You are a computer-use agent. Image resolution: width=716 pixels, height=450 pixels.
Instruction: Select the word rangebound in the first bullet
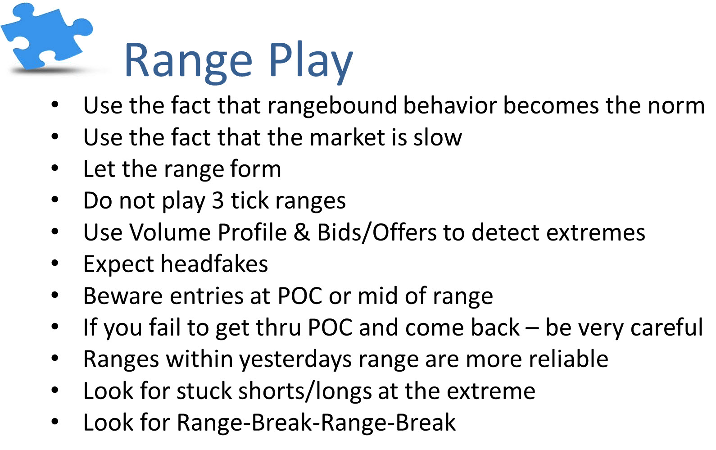(332, 105)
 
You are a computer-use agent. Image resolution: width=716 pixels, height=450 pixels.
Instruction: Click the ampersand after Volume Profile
(301, 232)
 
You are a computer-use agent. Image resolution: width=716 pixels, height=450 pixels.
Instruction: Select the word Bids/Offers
(376, 232)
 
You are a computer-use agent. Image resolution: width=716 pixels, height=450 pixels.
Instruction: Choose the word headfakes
(214, 264)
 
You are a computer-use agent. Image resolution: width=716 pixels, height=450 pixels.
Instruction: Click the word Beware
(123, 296)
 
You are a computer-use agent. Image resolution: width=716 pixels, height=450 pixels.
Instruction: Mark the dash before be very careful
(532, 328)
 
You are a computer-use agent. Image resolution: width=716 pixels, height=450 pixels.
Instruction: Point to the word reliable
(568, 359)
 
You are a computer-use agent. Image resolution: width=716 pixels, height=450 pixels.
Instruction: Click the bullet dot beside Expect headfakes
(55, 263)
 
